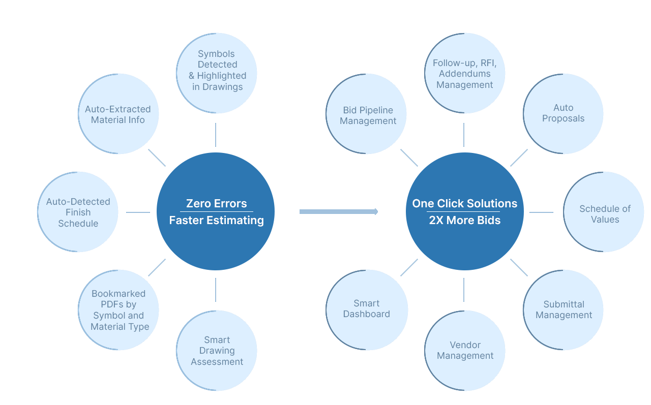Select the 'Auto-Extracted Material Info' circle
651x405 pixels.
[119, 114]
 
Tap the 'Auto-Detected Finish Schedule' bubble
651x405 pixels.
[78, 212]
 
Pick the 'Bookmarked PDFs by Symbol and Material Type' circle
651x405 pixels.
[119, 310]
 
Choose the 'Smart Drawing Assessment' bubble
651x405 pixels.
[217, 351]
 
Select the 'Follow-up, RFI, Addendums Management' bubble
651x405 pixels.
[465, 73]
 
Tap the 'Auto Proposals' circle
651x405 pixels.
[563, 114]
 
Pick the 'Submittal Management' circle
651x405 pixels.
[563, 310]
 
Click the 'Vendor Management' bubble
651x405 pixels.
[465, 351]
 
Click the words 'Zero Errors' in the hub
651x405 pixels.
[216, 204]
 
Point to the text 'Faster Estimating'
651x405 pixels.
[216, 220]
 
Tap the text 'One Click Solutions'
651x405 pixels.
[464, 204]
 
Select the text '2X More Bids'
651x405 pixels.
[464, 220]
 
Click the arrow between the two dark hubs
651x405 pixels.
[339, 211]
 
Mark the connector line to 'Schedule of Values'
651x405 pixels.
[541, 212]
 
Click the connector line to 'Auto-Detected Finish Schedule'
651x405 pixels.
[138, 212]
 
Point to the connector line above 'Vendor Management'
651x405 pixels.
[464, 290]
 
